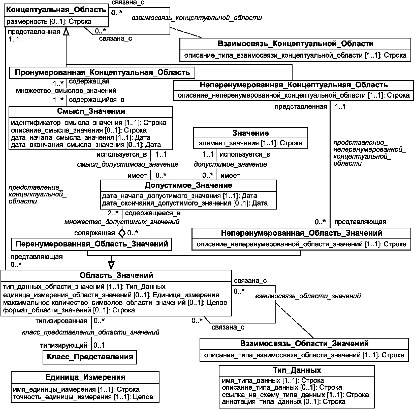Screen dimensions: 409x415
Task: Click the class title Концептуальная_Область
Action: tap(56, 10)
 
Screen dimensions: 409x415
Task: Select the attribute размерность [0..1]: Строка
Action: tap(49, 22)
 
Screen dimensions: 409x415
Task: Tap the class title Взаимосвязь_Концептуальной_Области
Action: tap(295, 44)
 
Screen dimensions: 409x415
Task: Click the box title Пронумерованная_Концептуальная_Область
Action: tap(102, 72)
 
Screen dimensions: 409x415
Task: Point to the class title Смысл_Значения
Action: tap(91, 111)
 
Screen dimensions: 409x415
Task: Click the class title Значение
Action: tap(250, 133)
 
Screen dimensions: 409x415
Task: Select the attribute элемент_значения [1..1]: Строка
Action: tap(250, 143)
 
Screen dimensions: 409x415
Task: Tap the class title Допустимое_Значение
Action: tap(188, 185)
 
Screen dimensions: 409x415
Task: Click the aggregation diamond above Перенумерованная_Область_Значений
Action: tap(122, 233)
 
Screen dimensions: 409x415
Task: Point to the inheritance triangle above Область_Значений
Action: tap(111, 265)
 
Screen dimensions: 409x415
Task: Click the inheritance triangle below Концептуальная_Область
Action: tap(66, 31)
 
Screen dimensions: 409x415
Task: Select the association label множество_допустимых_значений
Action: tap(122, 222)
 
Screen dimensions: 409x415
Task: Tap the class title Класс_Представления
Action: tap(90, 357)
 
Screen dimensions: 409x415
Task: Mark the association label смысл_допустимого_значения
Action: tap(127, 165)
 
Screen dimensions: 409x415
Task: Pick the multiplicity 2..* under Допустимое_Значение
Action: tap(113, 213)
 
